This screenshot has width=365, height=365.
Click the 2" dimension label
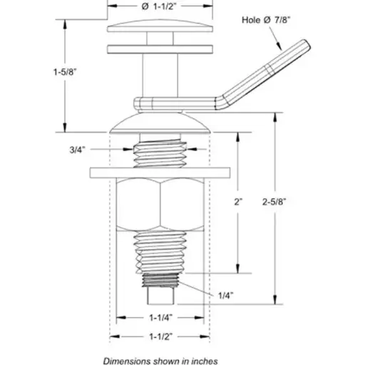[239, 202]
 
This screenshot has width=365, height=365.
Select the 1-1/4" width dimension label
[160, 319]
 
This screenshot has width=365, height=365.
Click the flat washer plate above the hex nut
[160, 173]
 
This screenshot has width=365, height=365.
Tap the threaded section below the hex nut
[160, 251]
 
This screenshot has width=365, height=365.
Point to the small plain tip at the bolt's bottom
[160, 294]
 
